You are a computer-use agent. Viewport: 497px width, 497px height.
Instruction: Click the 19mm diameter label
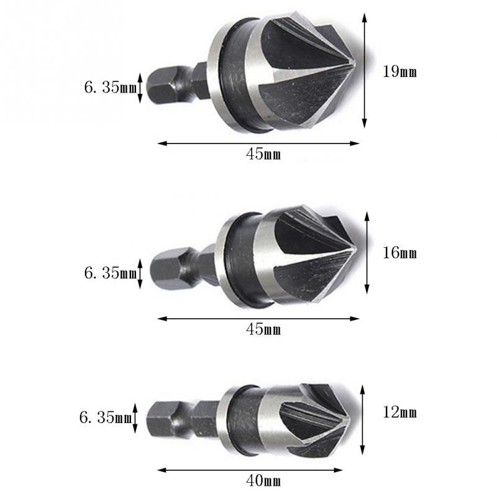[399, 71]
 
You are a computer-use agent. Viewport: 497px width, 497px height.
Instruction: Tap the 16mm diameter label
[399, 253]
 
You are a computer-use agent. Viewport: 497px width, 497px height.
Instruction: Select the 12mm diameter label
[399, 413]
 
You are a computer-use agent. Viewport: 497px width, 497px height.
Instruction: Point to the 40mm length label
[263, 480]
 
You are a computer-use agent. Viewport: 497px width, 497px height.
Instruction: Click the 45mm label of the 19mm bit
[263, 154]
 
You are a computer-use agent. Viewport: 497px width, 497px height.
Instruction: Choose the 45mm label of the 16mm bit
[263, 329]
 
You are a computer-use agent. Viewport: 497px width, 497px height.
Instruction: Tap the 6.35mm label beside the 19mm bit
[110, 88]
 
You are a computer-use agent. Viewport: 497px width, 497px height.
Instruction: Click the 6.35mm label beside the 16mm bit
[110, 272]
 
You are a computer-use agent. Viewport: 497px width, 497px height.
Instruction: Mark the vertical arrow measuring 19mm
[365, 71]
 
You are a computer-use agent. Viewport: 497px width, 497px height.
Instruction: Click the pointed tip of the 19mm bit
[355, 66]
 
